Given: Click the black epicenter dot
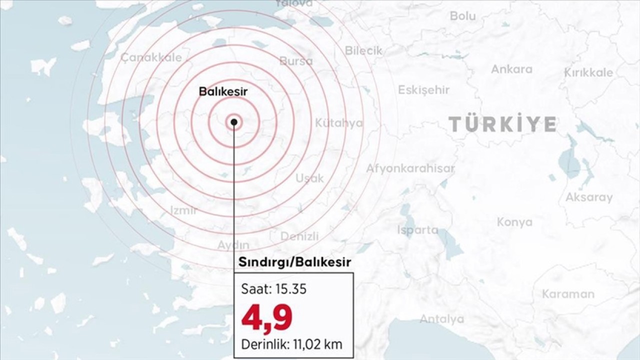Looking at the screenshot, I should click(x=234, y=121).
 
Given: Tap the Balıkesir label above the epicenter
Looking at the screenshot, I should click(x=223, y=91).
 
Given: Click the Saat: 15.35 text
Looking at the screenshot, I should click(x=274, y=289).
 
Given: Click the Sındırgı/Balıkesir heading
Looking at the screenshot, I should click(x=294, y=262).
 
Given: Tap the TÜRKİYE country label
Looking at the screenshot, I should click(x=502, y=124).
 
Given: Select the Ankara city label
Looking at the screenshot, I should click(x=511, y=69).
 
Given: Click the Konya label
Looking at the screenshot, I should click(x=514, y=222).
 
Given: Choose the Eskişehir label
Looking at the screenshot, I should click(x=423, y=90).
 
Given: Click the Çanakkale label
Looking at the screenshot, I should click(x=151, y=57).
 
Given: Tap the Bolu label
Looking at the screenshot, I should click(x=462, y=16).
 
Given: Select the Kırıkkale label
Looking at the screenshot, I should click(x=588, y=73).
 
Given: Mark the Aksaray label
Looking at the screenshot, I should click(x=588, y=197).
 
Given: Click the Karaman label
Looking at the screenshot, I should click(x=568, y=293).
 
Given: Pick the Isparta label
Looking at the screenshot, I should click(x=417, y=230).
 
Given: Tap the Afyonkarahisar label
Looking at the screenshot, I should click(x=410, y=168).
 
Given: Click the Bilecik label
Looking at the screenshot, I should click(x=363, y=50).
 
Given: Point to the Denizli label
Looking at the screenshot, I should click(x=299, y=236).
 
